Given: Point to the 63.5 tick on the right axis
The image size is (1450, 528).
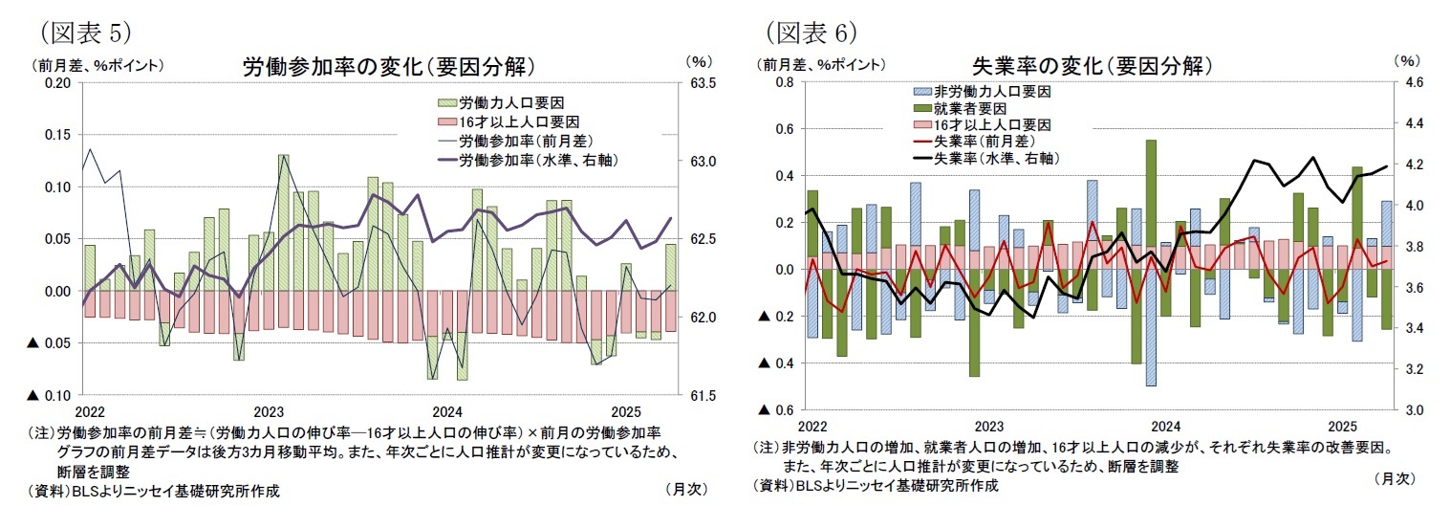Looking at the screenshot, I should pyautogui.click(x=703, y=83).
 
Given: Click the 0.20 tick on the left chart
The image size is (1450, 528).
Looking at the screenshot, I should pyautogui.click(x=58, y=83).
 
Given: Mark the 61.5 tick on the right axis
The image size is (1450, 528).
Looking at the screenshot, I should pyautogui.click(x=703, y=395).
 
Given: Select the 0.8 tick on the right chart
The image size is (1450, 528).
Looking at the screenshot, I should pyautogui.click(x=784, y=83).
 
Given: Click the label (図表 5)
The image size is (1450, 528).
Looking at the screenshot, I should pyautogui.click(x=85, y=32).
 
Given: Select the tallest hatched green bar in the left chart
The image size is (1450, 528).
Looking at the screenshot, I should pyautogui.click(x=284, y=222).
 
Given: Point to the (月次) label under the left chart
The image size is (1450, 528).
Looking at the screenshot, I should pyautogui.click(x=684, y=489).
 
